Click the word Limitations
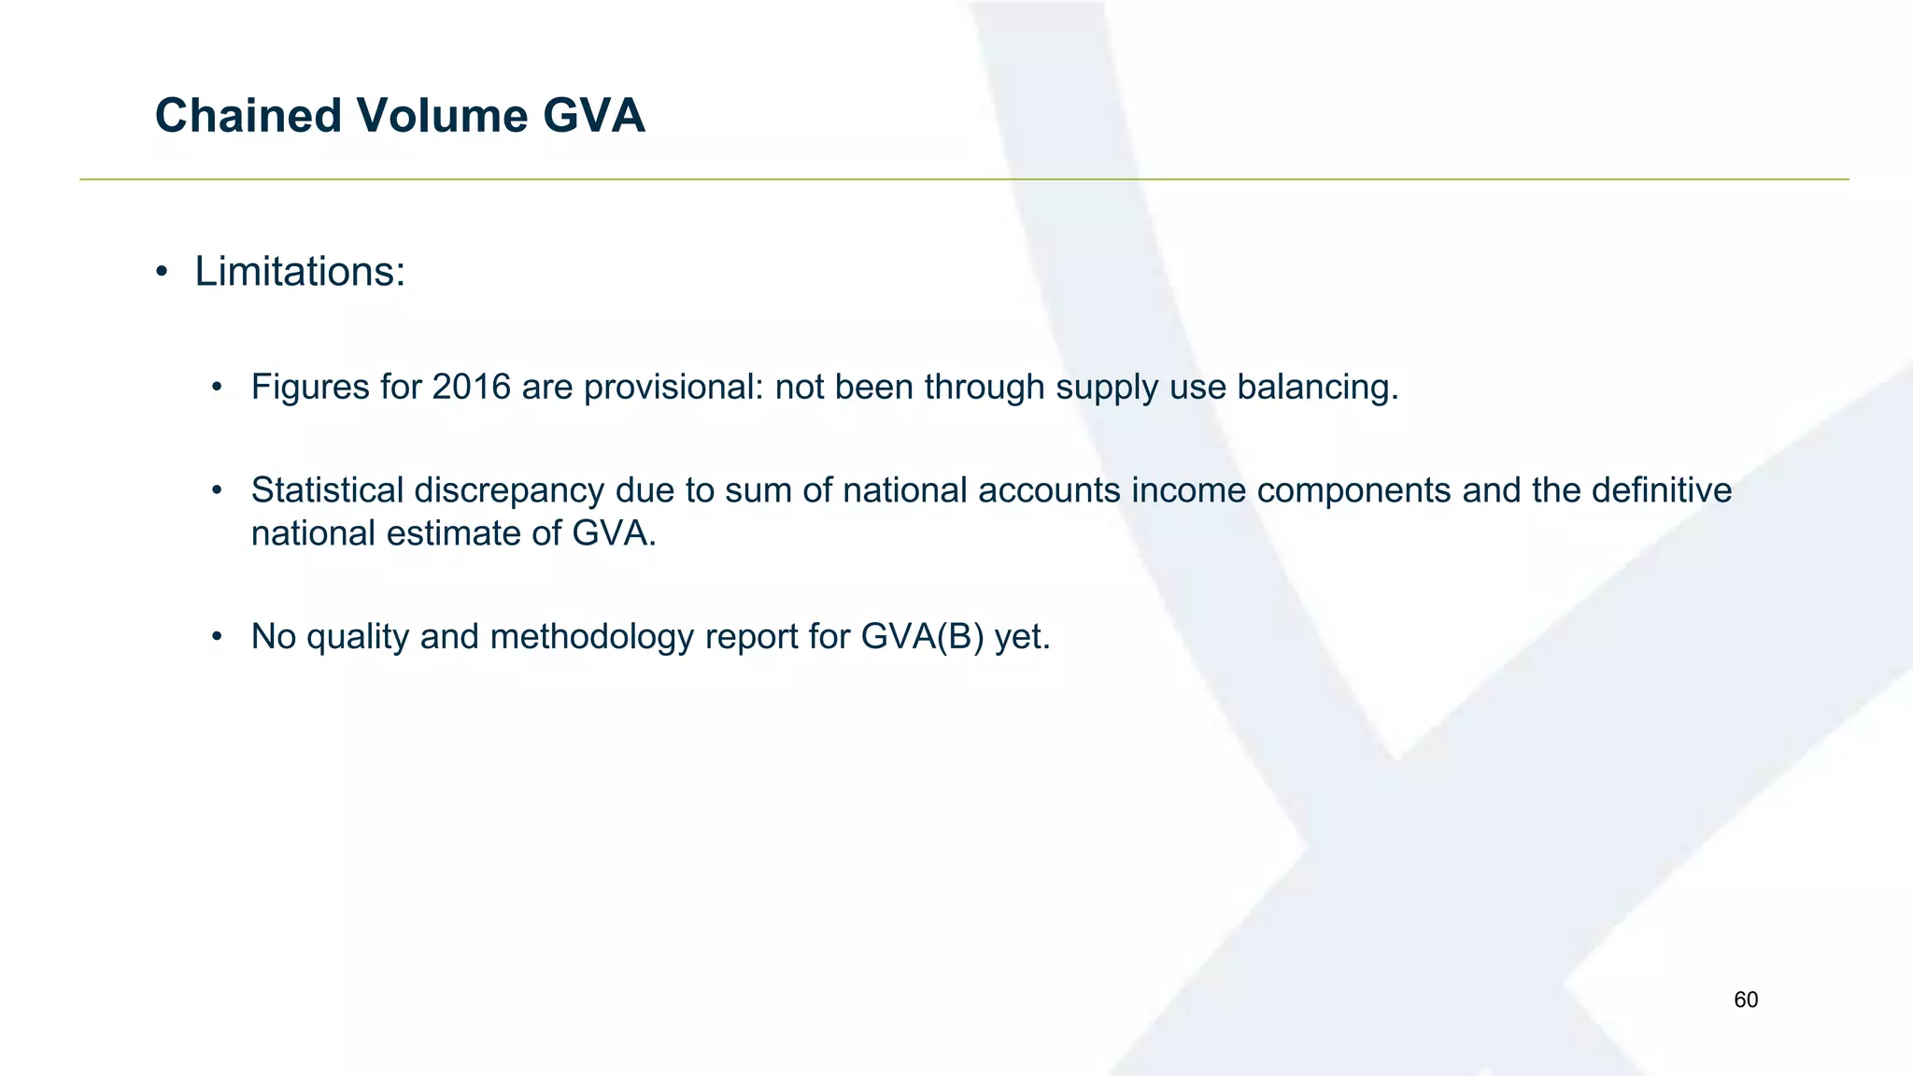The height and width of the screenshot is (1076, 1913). pos(299,272)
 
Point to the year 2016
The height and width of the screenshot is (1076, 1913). pos(472,387)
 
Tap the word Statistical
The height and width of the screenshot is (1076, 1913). pos(327,490)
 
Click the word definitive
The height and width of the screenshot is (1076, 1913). pos(1662,490)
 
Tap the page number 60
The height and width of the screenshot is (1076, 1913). pos(1746,1000)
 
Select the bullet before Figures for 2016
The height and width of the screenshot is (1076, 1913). pos(218,387)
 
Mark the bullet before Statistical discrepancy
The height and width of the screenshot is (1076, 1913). pos(218,490)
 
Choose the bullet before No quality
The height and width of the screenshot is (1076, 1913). pos(218,637)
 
